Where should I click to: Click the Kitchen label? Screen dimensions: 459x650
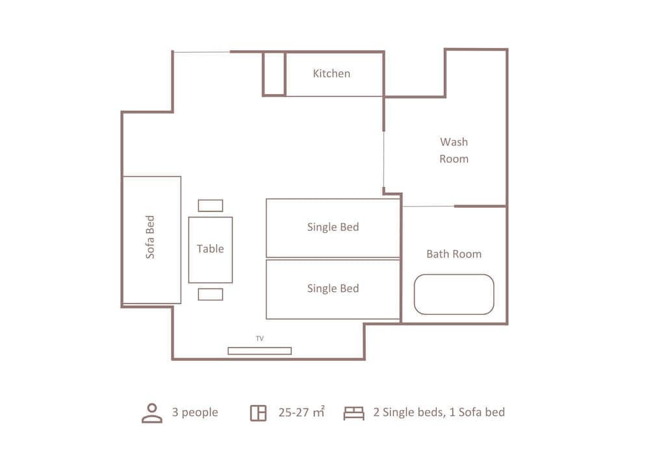pos(331,73)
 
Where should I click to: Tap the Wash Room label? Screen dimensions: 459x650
pos(454,150)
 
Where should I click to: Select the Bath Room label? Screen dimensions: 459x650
pos(454,254)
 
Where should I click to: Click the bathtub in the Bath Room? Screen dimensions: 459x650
pos(454,294)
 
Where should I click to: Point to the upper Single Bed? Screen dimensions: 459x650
pos(333,227)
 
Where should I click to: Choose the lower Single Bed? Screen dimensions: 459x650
pos(333,289)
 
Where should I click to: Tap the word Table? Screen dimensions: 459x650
pos(210,249)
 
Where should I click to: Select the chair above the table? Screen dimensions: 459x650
pos(211,205)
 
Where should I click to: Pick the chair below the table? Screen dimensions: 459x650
pos(211,294)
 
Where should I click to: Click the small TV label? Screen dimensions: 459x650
pos(259,338)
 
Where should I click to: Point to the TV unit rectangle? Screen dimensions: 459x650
pos(259,351)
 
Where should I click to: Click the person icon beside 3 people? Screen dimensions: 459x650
pos(152,413)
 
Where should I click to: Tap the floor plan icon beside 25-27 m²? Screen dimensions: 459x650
pos(258,413)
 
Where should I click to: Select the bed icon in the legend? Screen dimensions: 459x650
pos(354,413)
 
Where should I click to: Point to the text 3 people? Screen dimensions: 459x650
pos(195,412)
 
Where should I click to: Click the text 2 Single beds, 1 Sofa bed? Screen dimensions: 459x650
pos(439,412)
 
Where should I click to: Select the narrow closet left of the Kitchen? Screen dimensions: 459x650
pos(274,73)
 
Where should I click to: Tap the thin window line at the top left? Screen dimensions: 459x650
pos(201,52)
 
